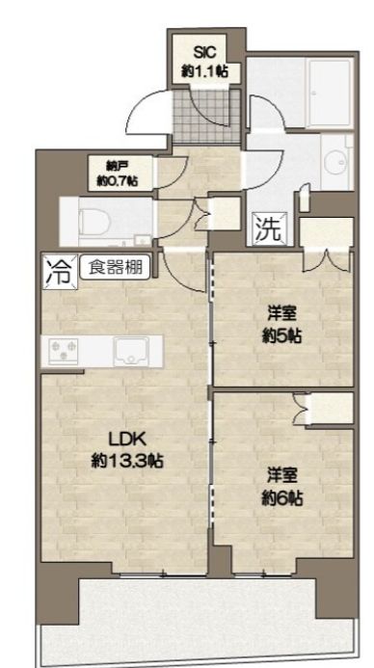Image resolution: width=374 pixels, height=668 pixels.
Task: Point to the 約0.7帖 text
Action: (117, 179)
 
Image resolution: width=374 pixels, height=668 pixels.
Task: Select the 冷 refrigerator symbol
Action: (57, 271)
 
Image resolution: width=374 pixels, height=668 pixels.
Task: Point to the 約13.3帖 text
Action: (128, 460)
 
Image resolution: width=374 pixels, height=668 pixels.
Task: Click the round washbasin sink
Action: (337, 160)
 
